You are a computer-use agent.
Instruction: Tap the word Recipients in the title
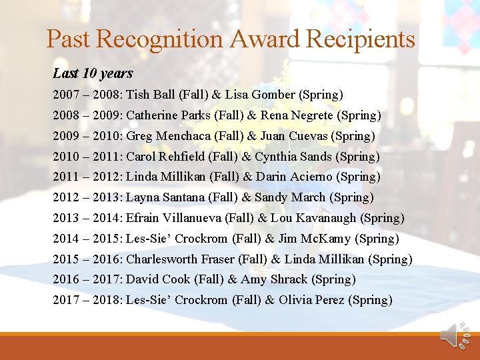[361, 39]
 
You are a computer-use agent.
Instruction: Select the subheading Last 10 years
[93, 73]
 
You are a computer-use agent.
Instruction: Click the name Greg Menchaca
[165, 136]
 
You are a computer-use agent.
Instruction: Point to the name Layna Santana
[165, 197]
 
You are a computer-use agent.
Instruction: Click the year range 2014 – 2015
[86, 239]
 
